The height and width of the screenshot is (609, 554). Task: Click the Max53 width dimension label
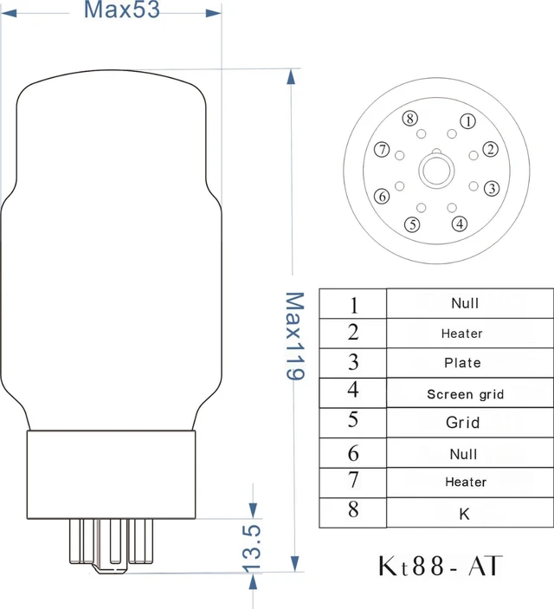click(122, 10)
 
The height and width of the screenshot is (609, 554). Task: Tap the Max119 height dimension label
click(295, 336)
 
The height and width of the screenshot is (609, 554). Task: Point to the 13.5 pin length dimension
click(252, 548)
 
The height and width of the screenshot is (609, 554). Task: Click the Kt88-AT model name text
click(440, 566)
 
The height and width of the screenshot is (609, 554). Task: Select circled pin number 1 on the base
click(467, 121)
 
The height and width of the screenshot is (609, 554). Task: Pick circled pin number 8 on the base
click(410, 118)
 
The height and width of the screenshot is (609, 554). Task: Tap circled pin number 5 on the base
click(412, 224)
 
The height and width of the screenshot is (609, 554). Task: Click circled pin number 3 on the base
click(492, 188)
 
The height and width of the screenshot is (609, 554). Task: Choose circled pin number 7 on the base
click(382, 150)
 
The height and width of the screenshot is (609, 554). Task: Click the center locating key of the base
click(436, 170)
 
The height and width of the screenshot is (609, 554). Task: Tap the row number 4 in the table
click(353, 390)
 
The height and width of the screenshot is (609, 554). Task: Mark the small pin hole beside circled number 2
click(473, 155)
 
